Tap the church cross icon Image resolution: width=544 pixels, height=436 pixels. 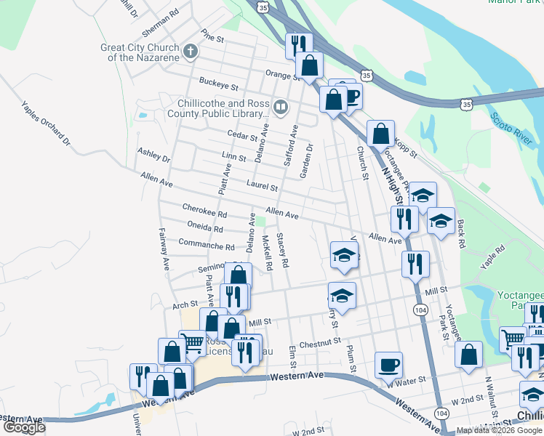[x=191, y=52]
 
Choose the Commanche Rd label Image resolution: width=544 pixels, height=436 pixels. [x=207, y=246]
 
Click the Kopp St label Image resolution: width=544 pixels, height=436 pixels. [x=405, y=146]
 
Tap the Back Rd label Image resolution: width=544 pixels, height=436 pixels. [x=460, y=236]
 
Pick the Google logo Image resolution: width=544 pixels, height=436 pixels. [x=23, y=427]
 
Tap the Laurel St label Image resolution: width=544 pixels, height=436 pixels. [x=262, y=187]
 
